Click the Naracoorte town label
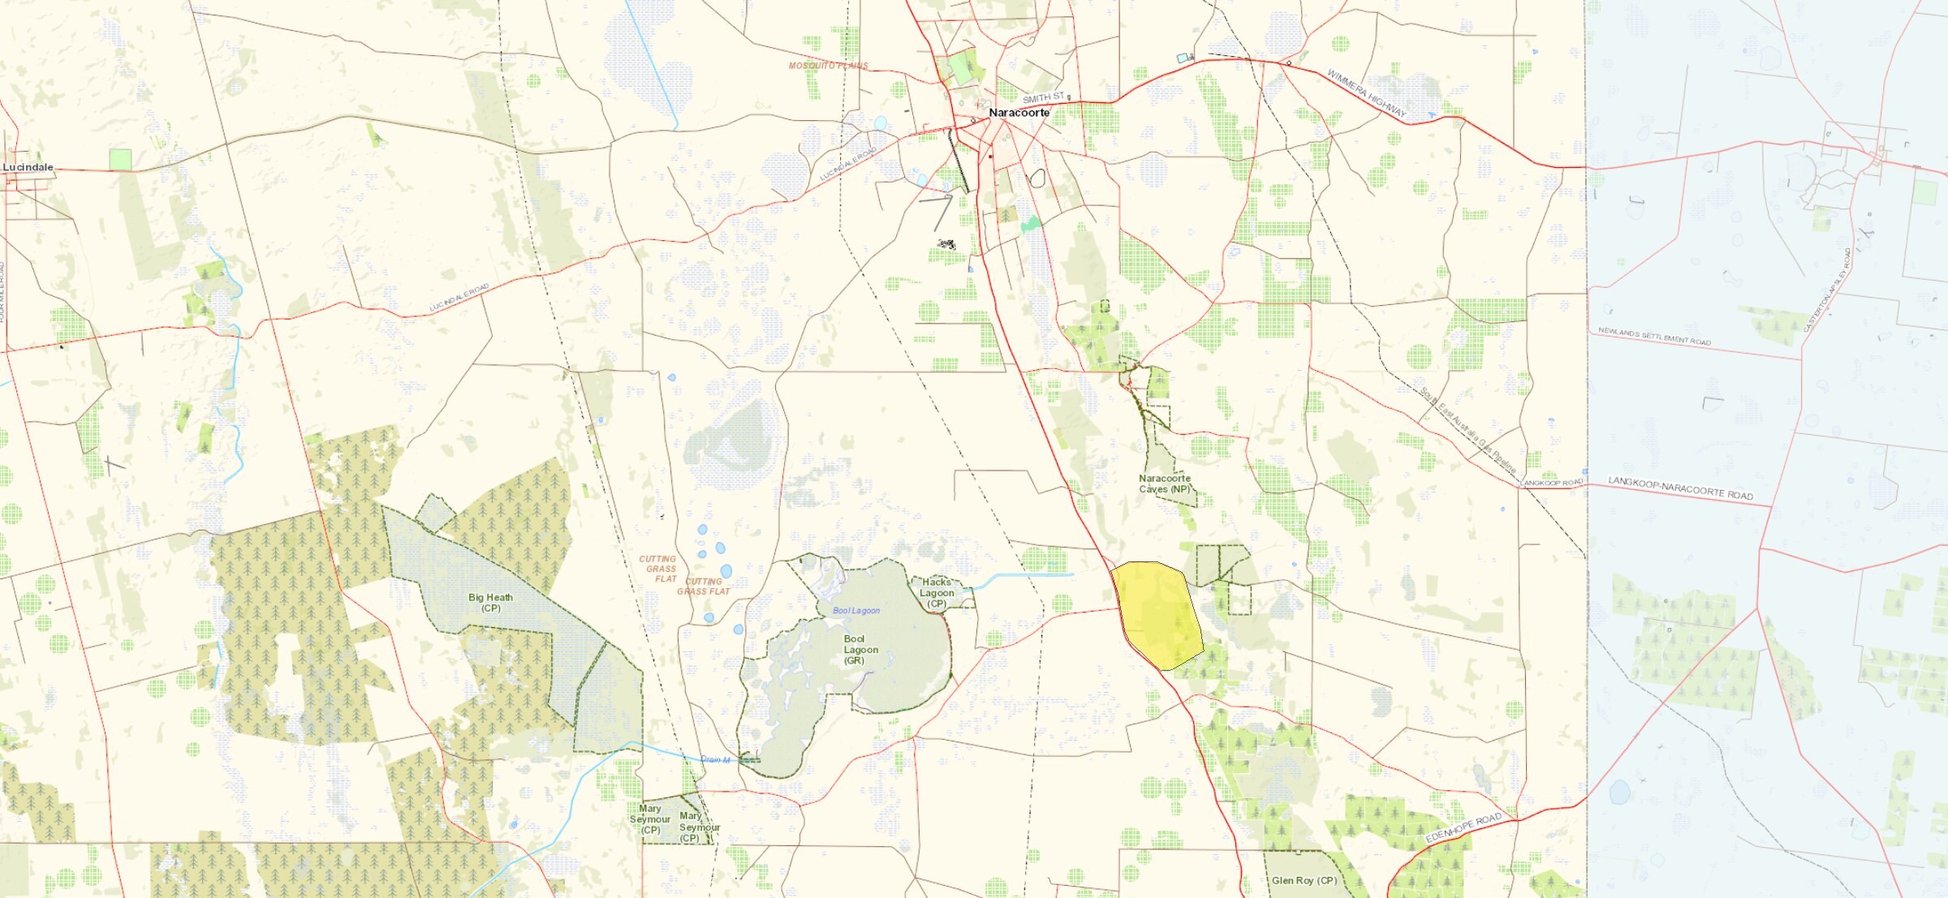tap(1019, 113)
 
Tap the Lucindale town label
tap(28, 167)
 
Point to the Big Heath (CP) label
tap(490, 603)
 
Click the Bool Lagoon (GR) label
tap(860, 650)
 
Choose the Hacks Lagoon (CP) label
tap(937, 593)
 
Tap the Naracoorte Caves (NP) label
tap(1165, 483)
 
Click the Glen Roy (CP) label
tap(1304, 880)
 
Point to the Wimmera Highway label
tap(1366, 92)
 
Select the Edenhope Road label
tap(1463, 827)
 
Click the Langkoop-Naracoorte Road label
tap(1680, 488)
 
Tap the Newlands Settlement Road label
tap(1654, 337)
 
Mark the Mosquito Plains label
tap(828, 66)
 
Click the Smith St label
tap(1043, 98)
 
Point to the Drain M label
tap(715, 759)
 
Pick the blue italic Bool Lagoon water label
tap(855, 611)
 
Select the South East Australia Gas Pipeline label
tap(1467, 430)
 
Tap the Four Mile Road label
tap(2, 292)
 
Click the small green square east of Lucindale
tap(120, 160)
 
